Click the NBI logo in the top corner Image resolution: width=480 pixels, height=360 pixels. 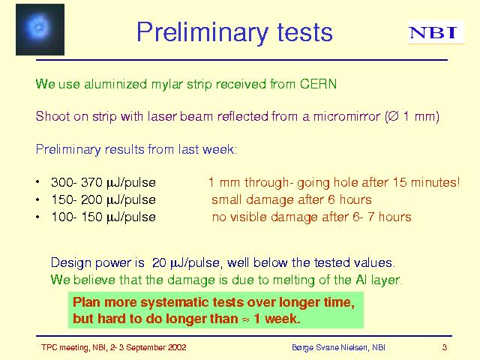(x=436, y=32)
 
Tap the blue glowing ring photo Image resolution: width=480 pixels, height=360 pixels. (x=40, y=30)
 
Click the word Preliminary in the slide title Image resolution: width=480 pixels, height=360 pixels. (x=202, y=33)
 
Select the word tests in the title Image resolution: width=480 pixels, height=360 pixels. (x=305, y=32)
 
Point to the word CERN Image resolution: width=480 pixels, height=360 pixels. (x=318, y=84)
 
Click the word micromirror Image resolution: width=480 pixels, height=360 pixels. (x=346, y=117)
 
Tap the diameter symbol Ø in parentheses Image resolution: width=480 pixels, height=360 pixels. (x=394, y=117)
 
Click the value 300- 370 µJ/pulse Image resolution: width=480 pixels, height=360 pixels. (x=103, y=183)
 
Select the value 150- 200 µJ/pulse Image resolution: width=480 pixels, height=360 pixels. (x=103, y=200)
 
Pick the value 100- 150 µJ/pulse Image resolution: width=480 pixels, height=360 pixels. (x=103, y=217)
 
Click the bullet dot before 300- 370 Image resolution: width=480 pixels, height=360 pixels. (x=37, y=182)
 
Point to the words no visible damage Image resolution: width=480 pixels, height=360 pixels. (x=265, y=217)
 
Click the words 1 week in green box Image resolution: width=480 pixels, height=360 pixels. (x=275, y=319)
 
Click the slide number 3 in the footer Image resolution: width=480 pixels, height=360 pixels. (x=445, y=347)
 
